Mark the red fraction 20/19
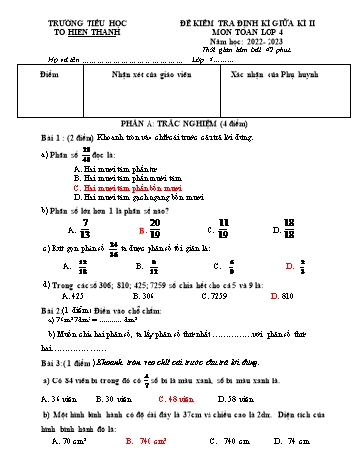[x=154, y=228]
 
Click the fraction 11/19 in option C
[x=223, y=228]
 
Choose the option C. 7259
[x=222, y=294]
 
